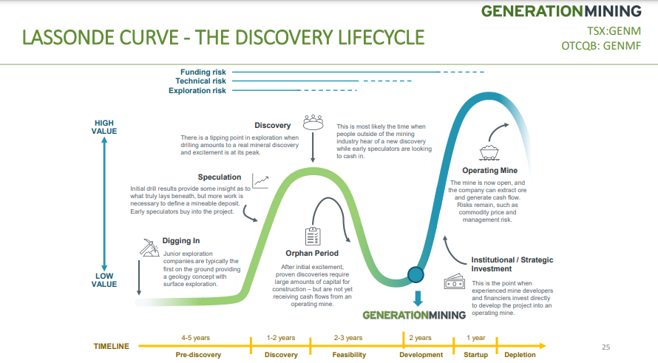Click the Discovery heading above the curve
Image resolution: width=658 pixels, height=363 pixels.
pos(273,126)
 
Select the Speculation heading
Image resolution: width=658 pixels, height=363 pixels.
pos(220,177)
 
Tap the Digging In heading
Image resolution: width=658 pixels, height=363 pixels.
pos(181,240)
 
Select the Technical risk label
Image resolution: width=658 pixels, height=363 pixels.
pos(200,81)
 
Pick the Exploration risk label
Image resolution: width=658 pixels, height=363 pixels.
pos(197,91)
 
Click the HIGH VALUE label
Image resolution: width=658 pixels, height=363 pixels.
pos(104,127)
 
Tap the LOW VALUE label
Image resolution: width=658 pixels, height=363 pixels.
pos(104,279)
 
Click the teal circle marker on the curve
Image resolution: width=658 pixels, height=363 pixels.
pos(416,275)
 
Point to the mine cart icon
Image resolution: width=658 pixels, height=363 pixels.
pos(488,152)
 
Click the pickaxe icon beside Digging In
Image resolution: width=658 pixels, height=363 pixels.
pos(149,246)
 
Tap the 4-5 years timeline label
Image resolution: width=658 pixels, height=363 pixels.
pos(196,338)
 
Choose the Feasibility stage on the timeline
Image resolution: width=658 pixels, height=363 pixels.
pos(348,355)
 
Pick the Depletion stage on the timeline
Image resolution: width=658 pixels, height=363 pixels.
pos(520,355)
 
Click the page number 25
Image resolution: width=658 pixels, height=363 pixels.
pos(606,347)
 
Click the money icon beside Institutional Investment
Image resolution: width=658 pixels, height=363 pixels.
pos(453,282)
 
